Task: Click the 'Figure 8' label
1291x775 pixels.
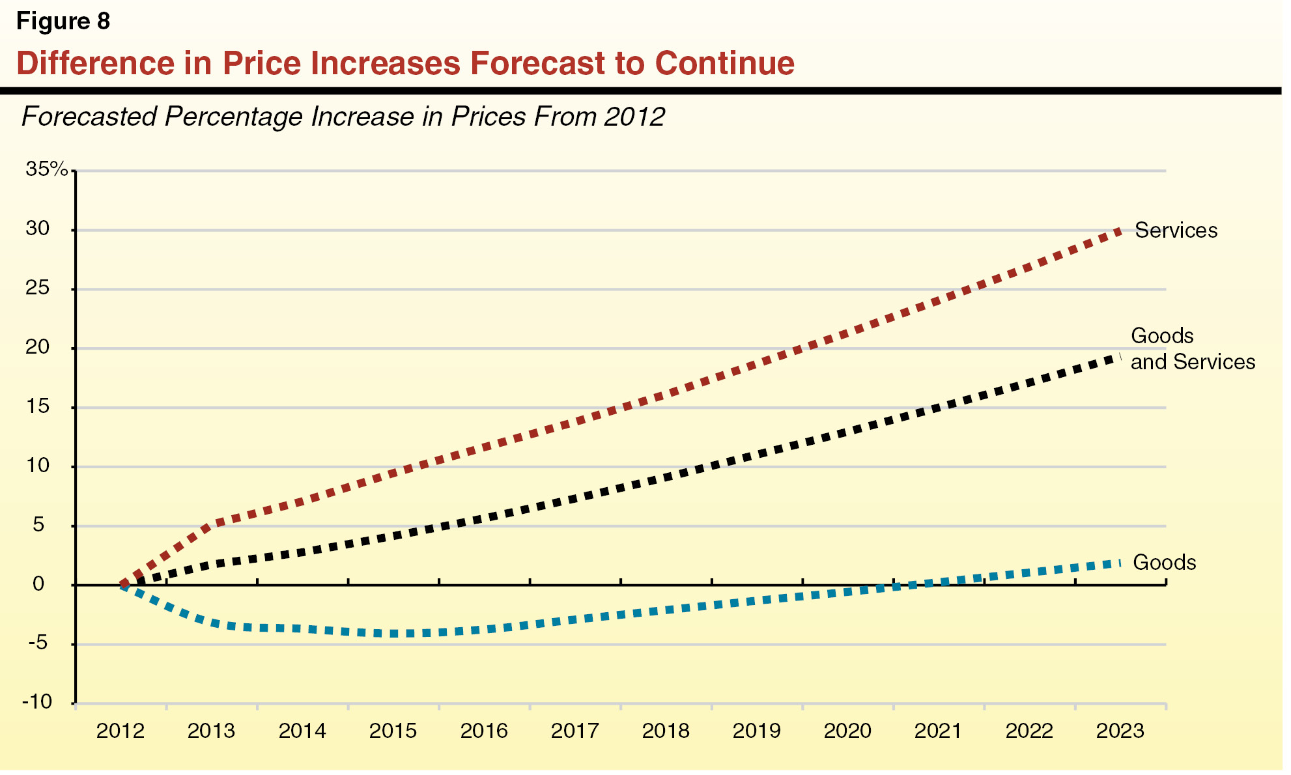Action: [x=63, y=21]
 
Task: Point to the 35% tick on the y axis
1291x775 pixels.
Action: [x=46, y=169]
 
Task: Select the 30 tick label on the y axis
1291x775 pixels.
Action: [x=37, y=229]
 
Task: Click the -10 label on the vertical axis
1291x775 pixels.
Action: [x=37, y=702]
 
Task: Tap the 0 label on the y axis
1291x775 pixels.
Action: [x=38, y=584]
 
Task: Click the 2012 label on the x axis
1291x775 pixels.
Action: [x=121, y=731]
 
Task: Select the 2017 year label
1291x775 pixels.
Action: [x=575, y=731]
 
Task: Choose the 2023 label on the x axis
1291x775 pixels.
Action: [x=1120, y=731]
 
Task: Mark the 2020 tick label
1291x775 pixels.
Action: [x=847, y=731]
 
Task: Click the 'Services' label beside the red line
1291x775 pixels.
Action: [x=1176, y=231]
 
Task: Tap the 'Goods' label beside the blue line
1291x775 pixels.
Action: [x=1164, y=563]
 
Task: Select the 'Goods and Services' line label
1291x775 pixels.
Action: [x=1192, y=349]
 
